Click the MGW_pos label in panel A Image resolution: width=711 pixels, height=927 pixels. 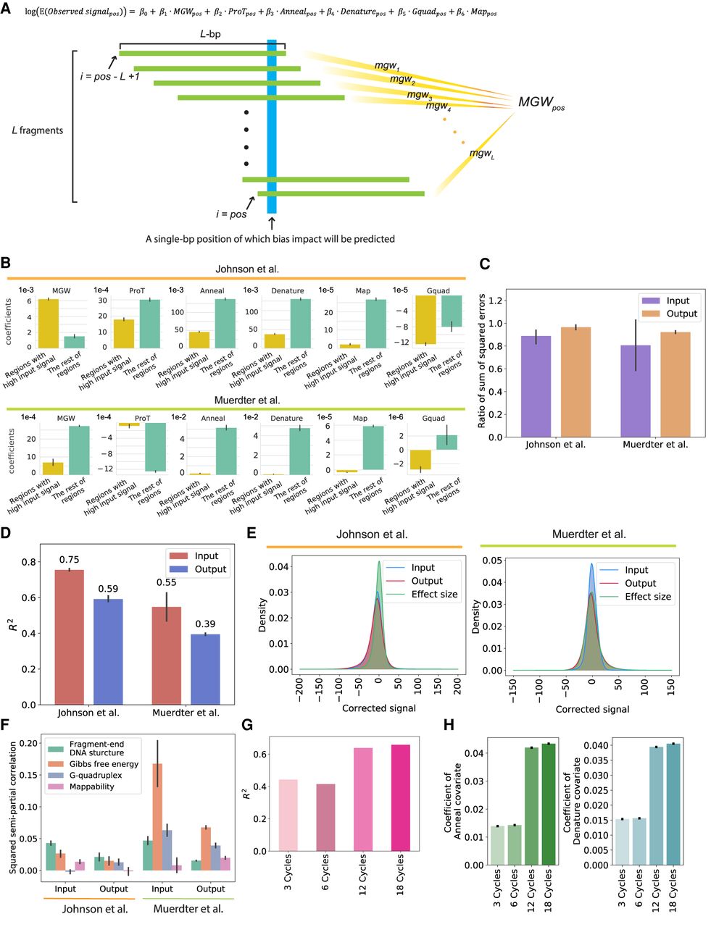[541, 104]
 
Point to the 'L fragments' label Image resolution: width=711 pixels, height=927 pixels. [38, 130]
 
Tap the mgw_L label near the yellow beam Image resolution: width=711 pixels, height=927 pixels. [481, 154]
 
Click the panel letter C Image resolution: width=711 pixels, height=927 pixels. [485, 264]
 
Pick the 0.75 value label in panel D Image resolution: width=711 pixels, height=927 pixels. [70, 559]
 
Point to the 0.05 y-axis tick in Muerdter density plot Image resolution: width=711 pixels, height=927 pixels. [496, 560]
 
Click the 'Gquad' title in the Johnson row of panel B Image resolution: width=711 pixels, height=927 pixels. [438, 291]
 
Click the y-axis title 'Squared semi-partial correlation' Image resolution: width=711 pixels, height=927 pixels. [12, 804]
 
